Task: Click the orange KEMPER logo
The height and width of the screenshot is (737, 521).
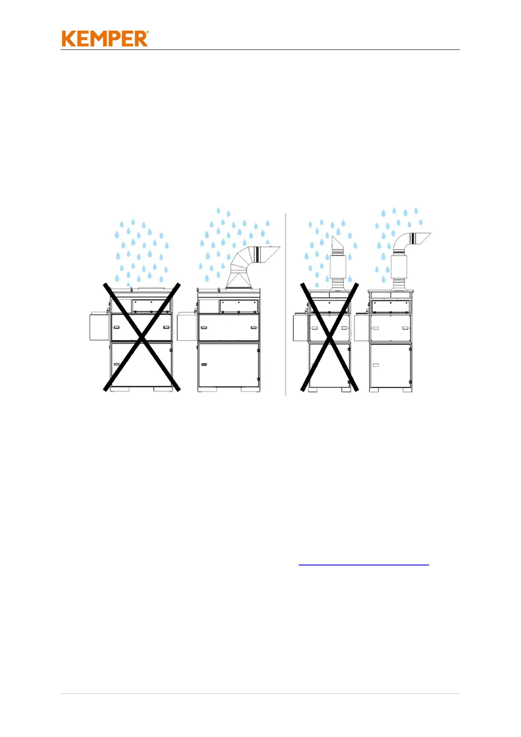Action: pos(105,39)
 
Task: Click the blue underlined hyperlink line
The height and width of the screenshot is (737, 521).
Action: pos(364,565)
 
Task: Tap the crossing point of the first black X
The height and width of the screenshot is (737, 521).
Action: pos(141,337)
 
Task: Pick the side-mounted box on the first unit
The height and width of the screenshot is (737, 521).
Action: pos(99,326)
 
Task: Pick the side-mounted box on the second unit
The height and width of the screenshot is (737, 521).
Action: pos(187,326)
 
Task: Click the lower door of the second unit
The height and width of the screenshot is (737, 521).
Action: pos(228,365)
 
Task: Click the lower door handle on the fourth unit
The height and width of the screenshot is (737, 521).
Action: pos(375,365)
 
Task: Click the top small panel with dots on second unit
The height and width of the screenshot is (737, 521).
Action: pos(239,306)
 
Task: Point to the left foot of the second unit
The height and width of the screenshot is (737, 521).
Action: pos(207,389)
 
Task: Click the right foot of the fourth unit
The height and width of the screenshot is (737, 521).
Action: pos(406,390)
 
